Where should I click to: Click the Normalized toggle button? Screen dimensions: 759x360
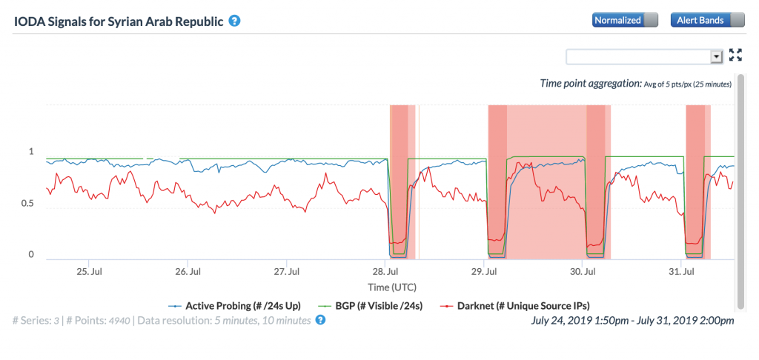pyautogui.click(x=625, y=20)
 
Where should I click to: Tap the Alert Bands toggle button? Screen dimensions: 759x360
pyautogui.click(x=707, y=20)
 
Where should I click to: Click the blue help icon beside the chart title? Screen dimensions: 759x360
pyautogui.click(x=234, y=21)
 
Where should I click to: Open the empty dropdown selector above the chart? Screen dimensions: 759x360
pyautogui.click(x=644, y=56)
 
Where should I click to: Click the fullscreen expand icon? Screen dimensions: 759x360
pyautogui.click(x=735, y=55)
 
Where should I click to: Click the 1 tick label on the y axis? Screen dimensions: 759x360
pyautogui.click(x=31, y=152)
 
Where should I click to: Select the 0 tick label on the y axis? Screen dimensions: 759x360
pyautogui.click(x=31, y=255)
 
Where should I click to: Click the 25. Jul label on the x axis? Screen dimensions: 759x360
pyautogui.click(x=89, y=271)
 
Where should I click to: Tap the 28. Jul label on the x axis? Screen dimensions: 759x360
pyautogui.click(x=385, y=271)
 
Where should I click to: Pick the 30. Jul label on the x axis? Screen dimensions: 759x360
pyautogui.click(x=584, y=271)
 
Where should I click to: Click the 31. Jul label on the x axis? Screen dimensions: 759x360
pyautogui.click(x=683, y=271)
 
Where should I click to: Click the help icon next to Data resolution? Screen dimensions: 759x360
pyautogui.click(x=320, y=320)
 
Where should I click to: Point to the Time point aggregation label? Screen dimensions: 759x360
pyautogui.click(x=591, y=84)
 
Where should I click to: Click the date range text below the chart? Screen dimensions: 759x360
pyautogui.click(x=633, y=320)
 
